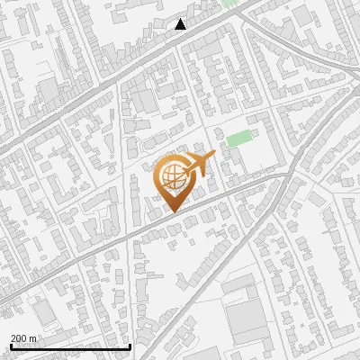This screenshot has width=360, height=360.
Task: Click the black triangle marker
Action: click(x=181, y=24)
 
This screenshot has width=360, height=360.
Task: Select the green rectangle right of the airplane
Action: click(x=238, y=139)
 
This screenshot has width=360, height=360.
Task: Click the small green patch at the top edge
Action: click(x=229, y=3)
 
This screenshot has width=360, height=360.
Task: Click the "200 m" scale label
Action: click(x=23, y=338)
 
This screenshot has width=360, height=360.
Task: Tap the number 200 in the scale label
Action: click(x=20, y=338)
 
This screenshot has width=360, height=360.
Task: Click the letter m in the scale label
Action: click(x=34, y=339)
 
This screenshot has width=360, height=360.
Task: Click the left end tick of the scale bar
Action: click(x=11, y=346)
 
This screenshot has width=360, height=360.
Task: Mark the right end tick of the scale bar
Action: click(x=130, y=346)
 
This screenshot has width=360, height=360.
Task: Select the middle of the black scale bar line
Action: click(x=70, y=347)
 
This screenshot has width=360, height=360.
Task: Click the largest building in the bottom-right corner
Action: click(x=245, y=319)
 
